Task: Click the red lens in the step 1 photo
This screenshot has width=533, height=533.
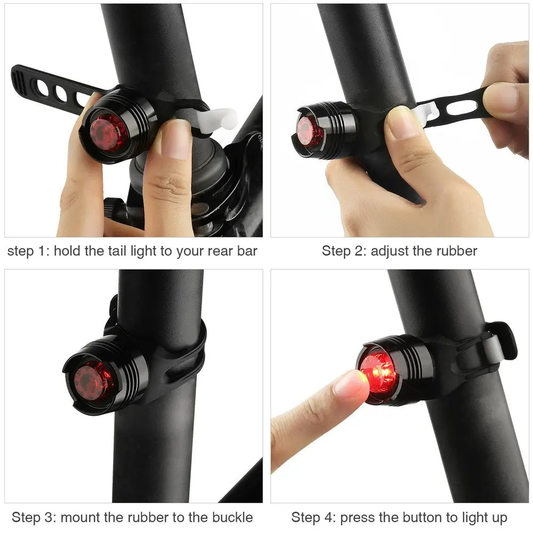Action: point(108,131)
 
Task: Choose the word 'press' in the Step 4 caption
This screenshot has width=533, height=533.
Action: point(358,517)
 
